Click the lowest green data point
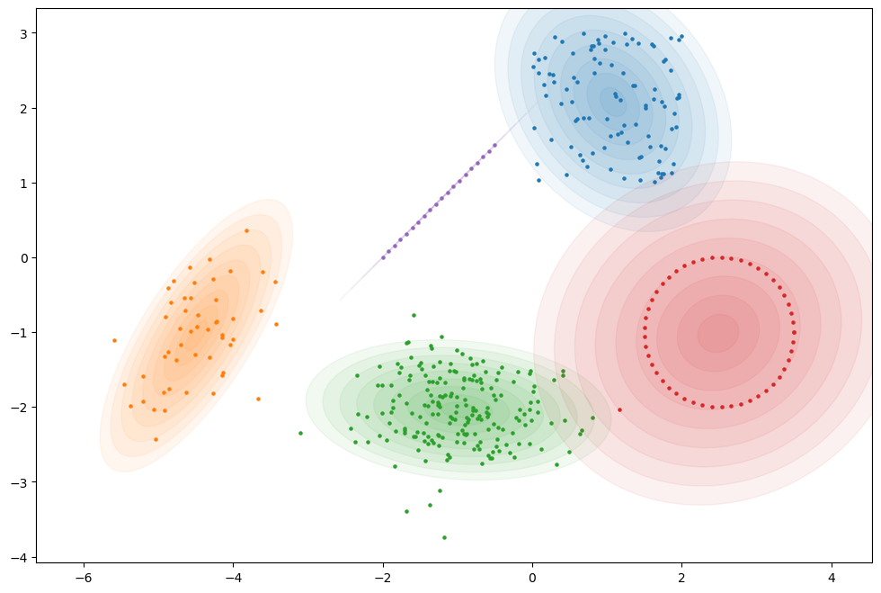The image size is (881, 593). click(x=444, y=537)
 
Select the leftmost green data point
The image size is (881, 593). click(x=300, y=433)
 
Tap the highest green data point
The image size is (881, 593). click(x=414, y=315)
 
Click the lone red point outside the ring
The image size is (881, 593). click(x=619, y=409)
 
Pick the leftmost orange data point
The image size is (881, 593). click(x=114, y=340)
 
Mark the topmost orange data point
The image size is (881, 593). click(x=246, y=230)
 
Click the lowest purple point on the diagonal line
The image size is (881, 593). click(x=383, y=257)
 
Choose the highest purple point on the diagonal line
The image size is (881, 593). click(x=494, y=145)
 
